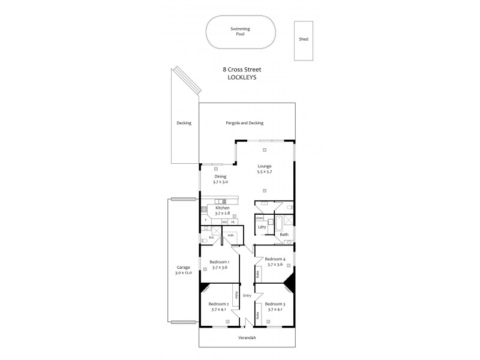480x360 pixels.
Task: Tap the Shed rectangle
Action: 303,40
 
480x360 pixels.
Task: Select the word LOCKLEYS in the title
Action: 241,77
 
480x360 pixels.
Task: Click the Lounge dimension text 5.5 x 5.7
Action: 265,172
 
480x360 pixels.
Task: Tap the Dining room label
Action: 221,177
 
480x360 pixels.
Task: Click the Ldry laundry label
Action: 262,227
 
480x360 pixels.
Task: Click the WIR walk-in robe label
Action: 230,235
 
